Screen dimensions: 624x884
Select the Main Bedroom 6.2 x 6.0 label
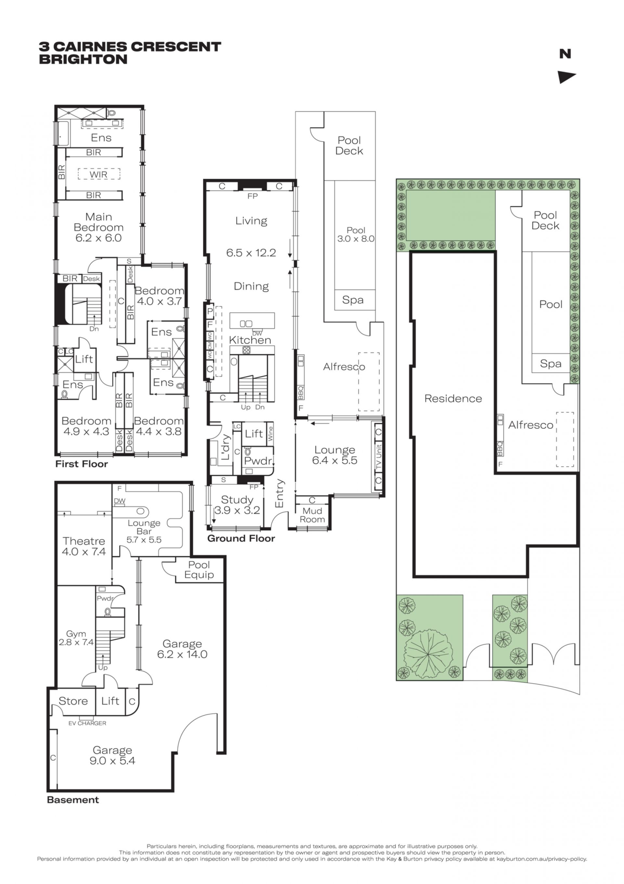click(98, 227)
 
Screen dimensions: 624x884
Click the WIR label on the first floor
click(98, 174)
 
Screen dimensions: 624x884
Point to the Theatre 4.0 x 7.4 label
click(84, 546)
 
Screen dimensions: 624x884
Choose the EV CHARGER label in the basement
click(87, 723)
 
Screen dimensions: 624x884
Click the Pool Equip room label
click(199, 570)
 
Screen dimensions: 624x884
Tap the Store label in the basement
click(73, 701)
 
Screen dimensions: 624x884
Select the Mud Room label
click(312, 515)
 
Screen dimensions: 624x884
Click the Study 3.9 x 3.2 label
click(237, 505)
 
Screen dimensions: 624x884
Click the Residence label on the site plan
click(453, 399)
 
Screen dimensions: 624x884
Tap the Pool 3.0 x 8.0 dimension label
click(356, 235)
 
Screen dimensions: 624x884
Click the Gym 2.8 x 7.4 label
click(76, 638)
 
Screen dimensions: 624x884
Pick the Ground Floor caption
click(241, 538)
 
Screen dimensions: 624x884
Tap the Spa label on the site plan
click(551, 363)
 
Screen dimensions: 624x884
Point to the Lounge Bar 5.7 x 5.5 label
click(144, 531)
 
